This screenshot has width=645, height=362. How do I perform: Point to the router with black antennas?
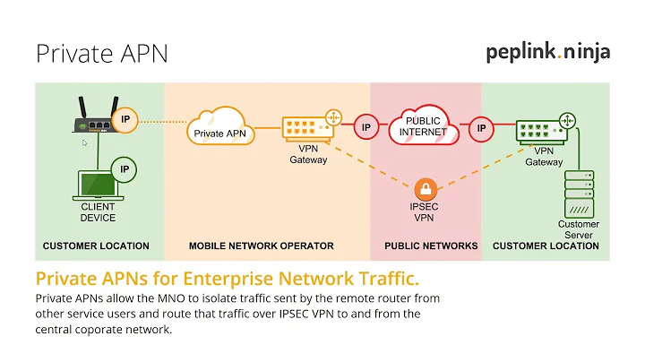pos(97,120)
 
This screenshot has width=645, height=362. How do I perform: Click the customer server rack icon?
pos(578,194)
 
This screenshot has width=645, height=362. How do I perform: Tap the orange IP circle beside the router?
pos(127,120)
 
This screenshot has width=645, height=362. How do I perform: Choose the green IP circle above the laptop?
pos(123,168)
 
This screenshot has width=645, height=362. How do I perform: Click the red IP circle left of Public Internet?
pos(365,127)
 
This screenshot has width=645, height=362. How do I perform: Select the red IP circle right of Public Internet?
pos(481,127)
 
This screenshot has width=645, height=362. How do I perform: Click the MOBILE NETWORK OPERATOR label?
pos(261,246)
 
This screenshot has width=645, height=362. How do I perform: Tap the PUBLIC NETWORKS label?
pos(426,246)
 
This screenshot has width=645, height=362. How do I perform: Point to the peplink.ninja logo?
pos(548,51)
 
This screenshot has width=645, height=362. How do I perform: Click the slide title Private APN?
pos(101,53)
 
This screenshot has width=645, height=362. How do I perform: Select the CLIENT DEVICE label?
pos(98,212)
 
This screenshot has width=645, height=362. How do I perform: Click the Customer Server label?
pos(578,229)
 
